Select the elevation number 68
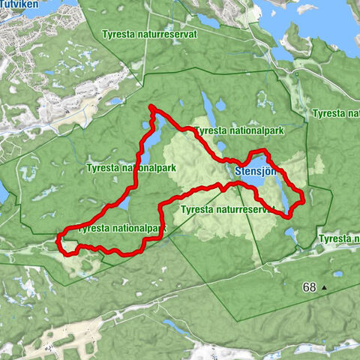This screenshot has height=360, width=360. [x=310, y=287]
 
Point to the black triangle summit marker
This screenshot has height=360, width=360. [x=325, y=287]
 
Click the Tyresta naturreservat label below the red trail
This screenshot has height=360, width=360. [x=228, y=210]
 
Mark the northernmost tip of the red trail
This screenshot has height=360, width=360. [x=152, y=107]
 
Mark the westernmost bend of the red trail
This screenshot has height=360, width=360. [x=58, y=241]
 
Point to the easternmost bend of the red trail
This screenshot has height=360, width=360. [x=303, y=197]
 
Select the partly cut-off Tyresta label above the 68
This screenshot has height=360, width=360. [x=338, y=239]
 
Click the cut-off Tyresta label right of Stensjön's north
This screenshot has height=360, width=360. [x=336, y=114]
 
